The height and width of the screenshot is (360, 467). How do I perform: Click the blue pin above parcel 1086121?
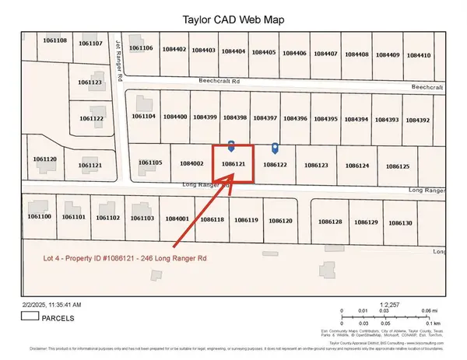(231, 145)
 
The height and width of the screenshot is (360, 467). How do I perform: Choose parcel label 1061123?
(90, 82)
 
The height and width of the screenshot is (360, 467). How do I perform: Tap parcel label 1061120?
(44, 159)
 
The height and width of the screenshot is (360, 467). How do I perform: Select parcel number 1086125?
(397, 166)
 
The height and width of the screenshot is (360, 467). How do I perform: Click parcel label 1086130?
(400, 223)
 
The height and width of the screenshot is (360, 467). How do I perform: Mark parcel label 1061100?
(38, 217)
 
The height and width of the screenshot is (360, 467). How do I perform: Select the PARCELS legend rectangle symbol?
(31, 316)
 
